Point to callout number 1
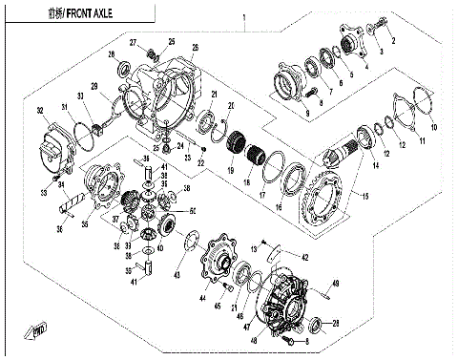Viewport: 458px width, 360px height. click(244, 18)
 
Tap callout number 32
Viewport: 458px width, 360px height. click(40, 112)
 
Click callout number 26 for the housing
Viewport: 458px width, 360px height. click(195, 48)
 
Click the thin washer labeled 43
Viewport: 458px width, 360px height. click(187, 244)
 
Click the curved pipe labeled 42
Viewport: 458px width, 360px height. click(271, 253)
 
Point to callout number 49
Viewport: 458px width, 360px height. click(336, 283)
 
